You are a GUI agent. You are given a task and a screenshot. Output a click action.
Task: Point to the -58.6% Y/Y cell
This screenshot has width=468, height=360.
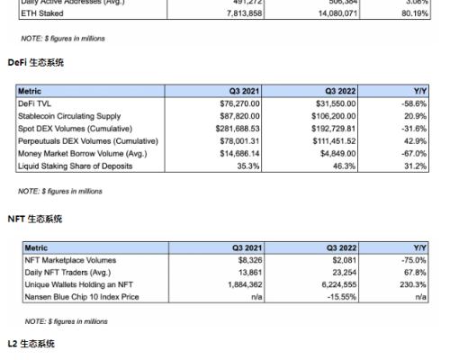click(413, 103)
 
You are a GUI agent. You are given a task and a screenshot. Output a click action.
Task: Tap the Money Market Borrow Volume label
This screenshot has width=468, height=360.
click(79, 154)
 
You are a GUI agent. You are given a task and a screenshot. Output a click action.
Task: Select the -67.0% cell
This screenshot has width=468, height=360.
click(413, 154)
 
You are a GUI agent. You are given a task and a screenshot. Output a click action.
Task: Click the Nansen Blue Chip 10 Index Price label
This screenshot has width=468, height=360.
click(82, 298)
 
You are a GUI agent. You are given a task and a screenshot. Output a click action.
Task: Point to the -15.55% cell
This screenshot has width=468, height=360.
click(341, 298)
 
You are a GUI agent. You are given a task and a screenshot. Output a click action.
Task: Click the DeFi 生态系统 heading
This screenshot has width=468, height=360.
click(36, 62)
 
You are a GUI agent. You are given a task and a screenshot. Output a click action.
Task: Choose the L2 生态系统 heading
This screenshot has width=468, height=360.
click(31, 345)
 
